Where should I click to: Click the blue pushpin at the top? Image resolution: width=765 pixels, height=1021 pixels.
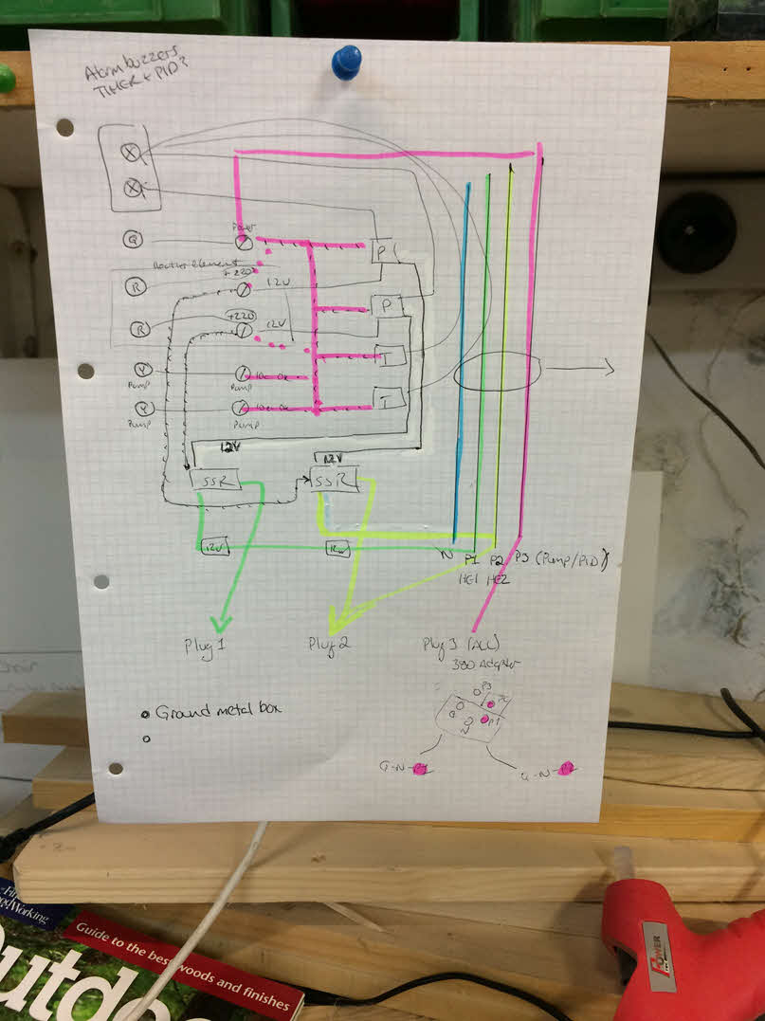tap(346, 63)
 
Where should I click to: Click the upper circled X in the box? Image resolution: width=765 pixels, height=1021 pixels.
tap(131, 151)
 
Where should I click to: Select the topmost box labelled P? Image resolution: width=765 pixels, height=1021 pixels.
tap(382, 253)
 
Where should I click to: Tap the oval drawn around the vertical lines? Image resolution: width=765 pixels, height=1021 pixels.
tap(497, 372)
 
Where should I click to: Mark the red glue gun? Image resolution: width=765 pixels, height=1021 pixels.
tap(673, 939)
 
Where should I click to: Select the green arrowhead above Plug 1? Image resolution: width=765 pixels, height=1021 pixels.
tap(220, 623)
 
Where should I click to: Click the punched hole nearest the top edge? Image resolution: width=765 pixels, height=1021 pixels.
tap(64, 127)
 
